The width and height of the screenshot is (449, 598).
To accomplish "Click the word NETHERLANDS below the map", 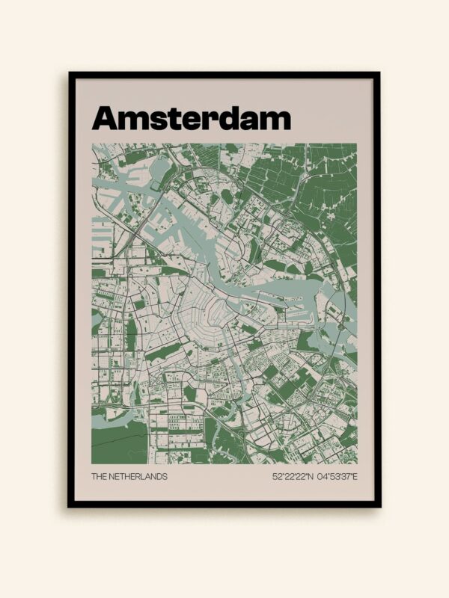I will (x=138, y=476).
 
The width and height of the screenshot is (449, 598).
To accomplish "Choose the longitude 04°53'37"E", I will (x=336, y=476).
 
